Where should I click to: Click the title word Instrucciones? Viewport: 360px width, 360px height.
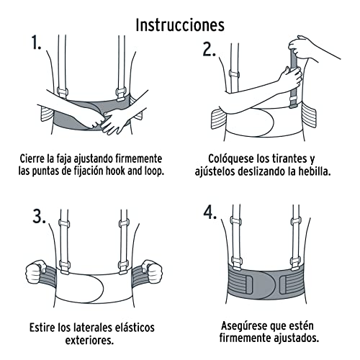click(180, 24)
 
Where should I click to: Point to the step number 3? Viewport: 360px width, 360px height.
click(37, 215)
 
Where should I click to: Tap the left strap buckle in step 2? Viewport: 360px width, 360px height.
click(233, 74)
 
